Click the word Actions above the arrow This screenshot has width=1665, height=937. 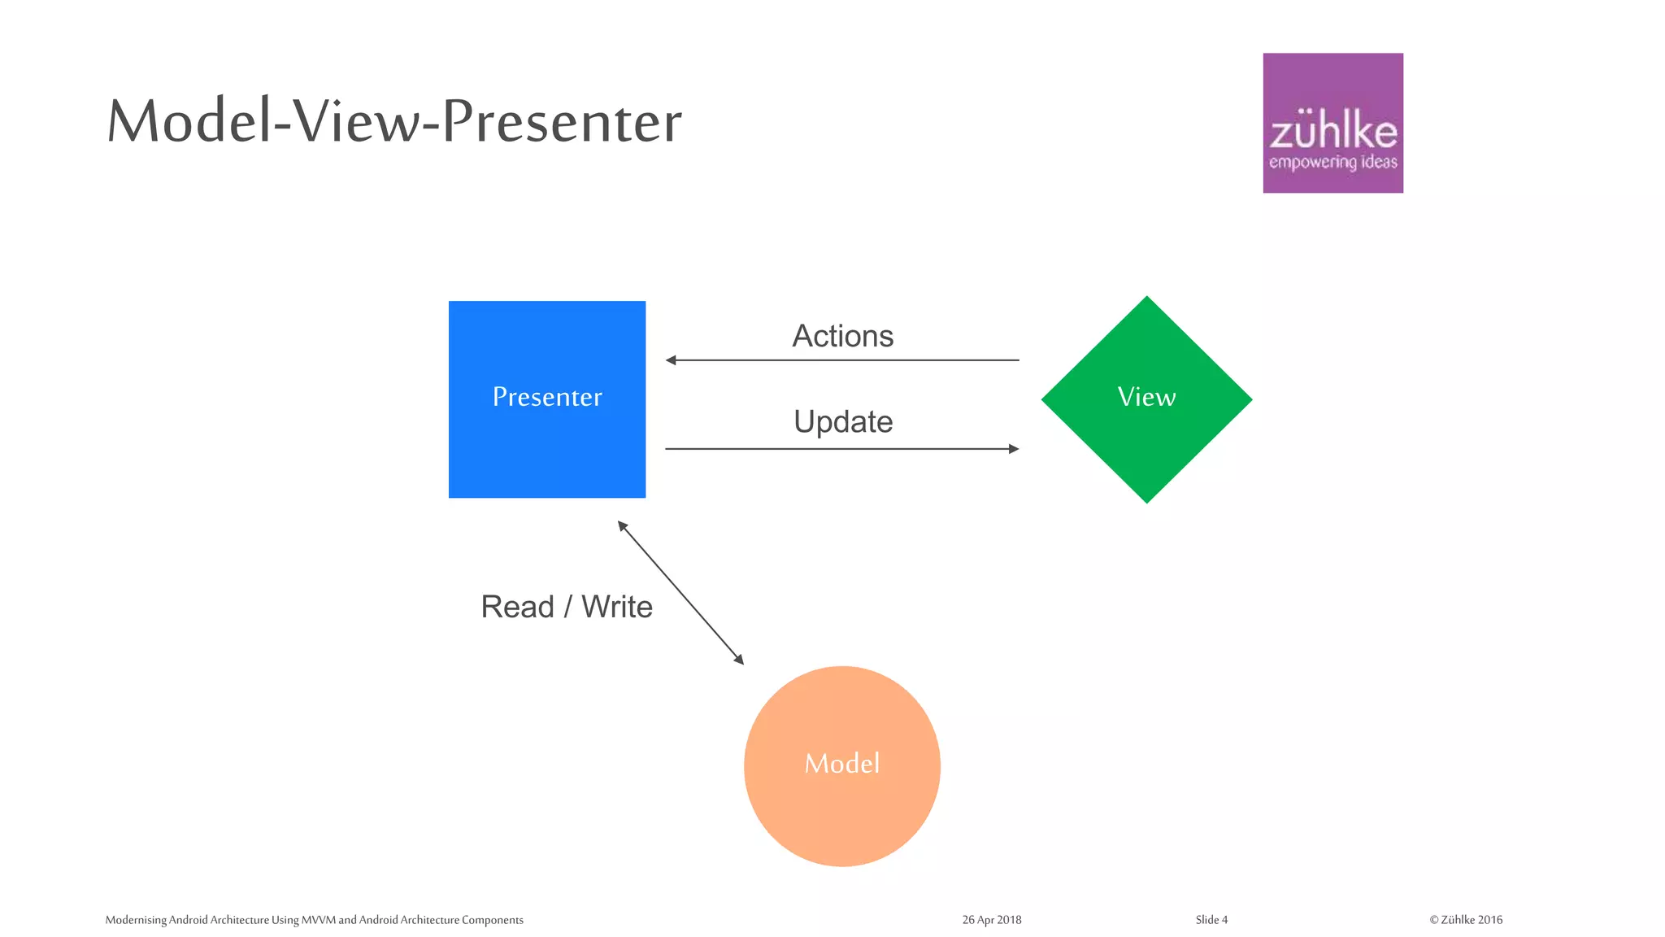(x=842, y=336)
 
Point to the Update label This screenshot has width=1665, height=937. (x=843, y=421)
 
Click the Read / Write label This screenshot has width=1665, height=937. (x=567, y=607)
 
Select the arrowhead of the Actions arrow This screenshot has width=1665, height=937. (x=671, y=360)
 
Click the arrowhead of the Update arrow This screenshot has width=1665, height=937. (x=1014, y=449)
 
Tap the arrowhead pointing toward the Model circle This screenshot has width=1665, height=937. (x=739, y=660)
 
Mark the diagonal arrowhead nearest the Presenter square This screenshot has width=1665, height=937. (x=622, y=525)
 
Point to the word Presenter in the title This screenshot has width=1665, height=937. (x=562, y=122)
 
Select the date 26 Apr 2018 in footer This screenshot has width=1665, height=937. (x=991, y=920)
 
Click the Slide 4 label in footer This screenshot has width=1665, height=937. (x=1211, y=920)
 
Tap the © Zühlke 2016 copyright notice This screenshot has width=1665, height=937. (x=1466, y=920)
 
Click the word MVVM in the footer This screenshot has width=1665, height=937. (x=318, y=920)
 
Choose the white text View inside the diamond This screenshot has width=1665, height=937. (x=1146, y=397)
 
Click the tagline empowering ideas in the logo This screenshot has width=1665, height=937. (x=1332, y=162)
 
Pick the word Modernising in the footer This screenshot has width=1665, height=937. (x=136, y=920)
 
